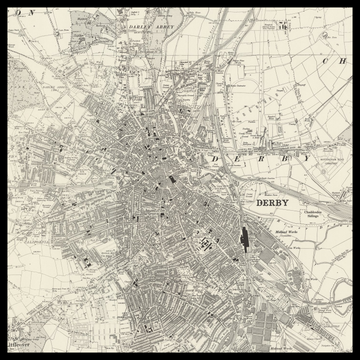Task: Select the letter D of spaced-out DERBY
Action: click(215, 159)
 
